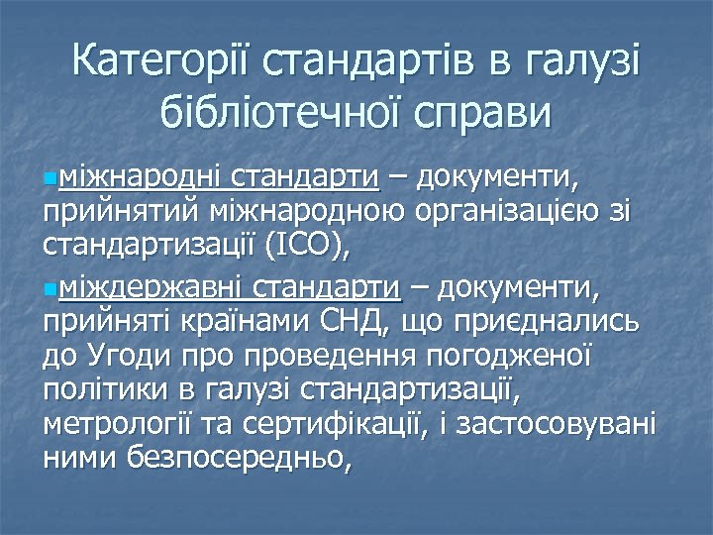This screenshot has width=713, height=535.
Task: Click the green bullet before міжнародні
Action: pyautogui.click(x=51, y=179)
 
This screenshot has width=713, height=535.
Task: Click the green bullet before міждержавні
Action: pyautogui.click(x=51, y=289)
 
